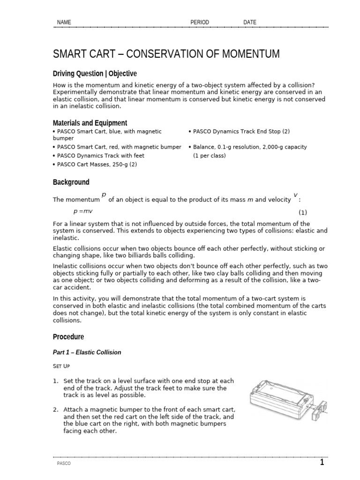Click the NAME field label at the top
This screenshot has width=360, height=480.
[64, 22]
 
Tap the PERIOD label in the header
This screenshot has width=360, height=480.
[200, 22]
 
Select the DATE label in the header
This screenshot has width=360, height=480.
[250, 22]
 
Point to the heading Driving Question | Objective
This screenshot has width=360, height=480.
[95, 74]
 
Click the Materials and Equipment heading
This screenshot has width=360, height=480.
[90, 123]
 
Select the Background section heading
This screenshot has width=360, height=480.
[71, 182]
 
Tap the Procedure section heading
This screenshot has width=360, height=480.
[68, 337]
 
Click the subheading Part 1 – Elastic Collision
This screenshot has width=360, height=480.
[87, 352]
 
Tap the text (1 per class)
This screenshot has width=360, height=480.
[209, 156]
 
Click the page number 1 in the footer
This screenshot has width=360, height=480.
[322, 463]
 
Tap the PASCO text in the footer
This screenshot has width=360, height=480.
[64, 464]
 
